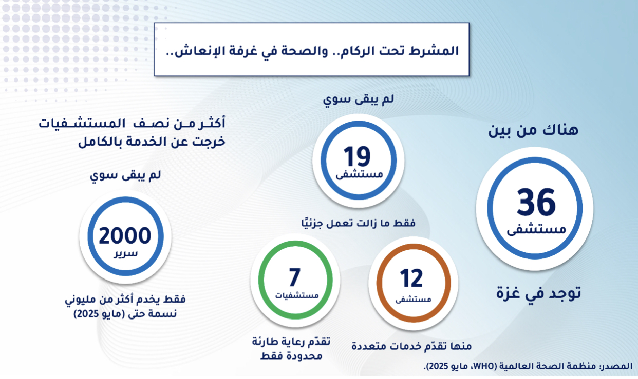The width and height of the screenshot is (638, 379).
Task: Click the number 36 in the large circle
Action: [536, 202]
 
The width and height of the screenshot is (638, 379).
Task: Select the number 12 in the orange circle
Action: [411, 278]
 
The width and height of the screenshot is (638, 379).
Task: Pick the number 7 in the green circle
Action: [295, 277]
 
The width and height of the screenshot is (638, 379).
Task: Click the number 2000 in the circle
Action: [125, 235]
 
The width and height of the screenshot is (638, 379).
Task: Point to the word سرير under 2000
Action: [126, 253]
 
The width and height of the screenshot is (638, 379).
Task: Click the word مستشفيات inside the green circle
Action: [296, 295]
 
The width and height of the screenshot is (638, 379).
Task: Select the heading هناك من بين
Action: [533, 130]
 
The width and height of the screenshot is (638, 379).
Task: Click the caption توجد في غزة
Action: [538, 293]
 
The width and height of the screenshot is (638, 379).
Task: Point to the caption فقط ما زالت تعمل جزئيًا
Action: [359, 223]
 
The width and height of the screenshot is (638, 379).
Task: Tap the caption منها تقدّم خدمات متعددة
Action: [411, 346]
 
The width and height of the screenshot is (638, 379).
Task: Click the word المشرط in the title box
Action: [435, 51]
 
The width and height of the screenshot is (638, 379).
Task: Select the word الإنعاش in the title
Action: [194, 51]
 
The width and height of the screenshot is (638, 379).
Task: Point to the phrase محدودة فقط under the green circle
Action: [291, 356]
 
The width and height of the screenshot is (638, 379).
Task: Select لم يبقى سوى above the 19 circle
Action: [359, 99]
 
